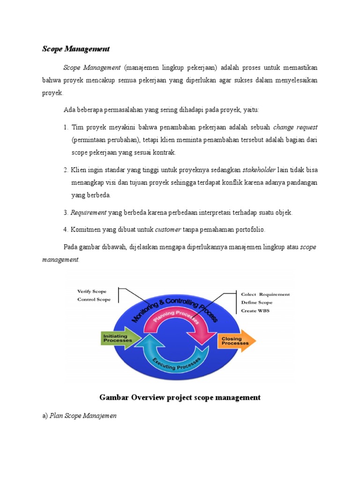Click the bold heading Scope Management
click(x=76, y=49)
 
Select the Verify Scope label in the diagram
click(x=92, y=291)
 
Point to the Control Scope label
click(x=94, y=300)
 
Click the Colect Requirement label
click(x=265, y=294)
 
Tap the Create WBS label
click(x=255, y=310)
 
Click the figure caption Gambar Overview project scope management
click(x=180, y=397)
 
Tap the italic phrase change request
click(x=295, y=127)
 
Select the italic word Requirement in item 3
click(x=89, y=212)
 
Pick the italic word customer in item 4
click(x=168, y=229)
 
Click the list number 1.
click(x=66, y=127)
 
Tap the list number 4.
click(x=66, y=230)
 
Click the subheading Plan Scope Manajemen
click(x=83, y=415)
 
